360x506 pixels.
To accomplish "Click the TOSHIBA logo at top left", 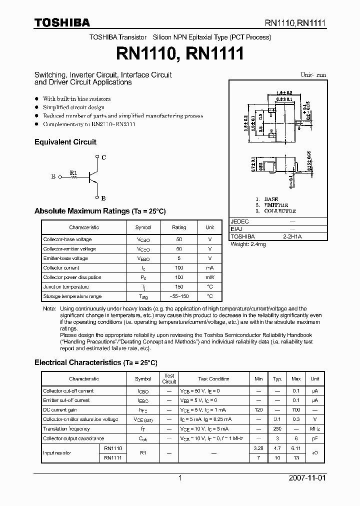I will coord(62,22).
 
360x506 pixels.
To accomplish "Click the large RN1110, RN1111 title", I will coord(180,53).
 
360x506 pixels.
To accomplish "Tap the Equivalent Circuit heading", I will coord(65,142).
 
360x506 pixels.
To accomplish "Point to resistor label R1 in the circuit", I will coord(73,173).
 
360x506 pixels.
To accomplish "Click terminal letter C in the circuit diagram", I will coord(103,157).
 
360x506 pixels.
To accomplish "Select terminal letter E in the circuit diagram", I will coord(103,197).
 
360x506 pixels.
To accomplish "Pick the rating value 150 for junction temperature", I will coord(179,287).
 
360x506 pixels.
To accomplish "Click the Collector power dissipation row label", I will coord(72,277).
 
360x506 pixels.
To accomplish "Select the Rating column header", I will coord(179,227).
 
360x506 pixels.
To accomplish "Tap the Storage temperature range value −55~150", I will coord(179,296).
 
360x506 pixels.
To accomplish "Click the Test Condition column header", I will coord(213,379).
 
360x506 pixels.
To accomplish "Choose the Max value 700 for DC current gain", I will coord(296,409).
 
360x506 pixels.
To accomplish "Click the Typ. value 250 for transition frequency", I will coord(277,429).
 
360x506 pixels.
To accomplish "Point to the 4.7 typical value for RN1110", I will coord(277,448).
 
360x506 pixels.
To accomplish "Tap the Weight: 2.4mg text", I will coord(248,244).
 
